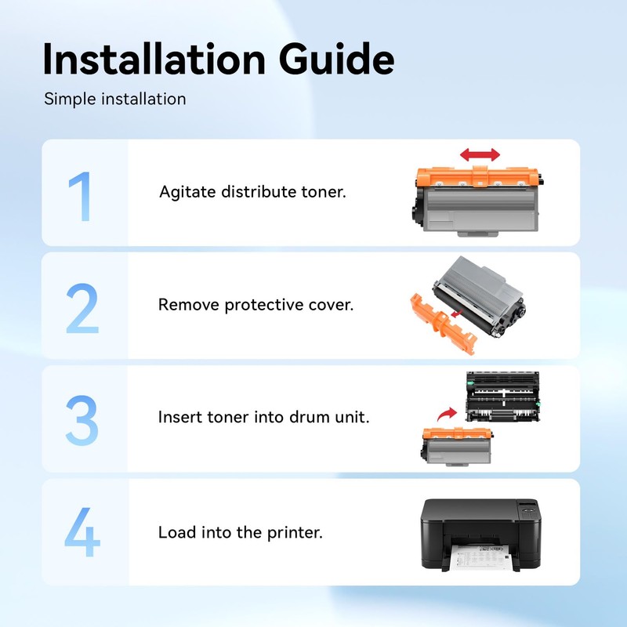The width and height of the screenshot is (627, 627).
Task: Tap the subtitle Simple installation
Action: click(114, 100)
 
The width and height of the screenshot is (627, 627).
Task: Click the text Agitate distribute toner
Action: click(252, 192)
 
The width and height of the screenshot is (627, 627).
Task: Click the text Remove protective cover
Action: click(256, 305)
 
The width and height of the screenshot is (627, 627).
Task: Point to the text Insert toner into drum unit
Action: click(263, 418)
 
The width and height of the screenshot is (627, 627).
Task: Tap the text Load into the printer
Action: click(240, 533)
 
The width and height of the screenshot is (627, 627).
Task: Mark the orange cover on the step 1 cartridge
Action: click(478, 179)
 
